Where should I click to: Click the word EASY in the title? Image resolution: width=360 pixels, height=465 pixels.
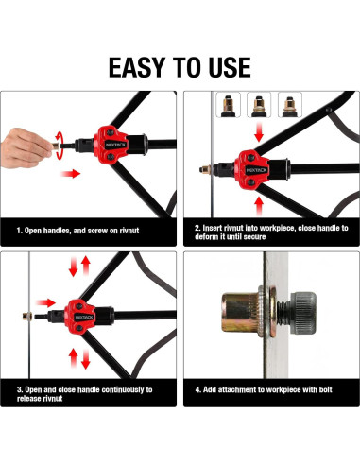click(x=136, y=67)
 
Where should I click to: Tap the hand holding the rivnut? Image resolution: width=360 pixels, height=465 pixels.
click(x=26, y=147)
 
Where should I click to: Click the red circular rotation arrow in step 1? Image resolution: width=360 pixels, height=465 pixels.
click(x=59, y=146)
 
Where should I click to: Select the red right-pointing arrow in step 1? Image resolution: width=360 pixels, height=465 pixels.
click(x=71, y=173)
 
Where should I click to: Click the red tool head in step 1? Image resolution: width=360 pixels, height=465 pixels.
click(x=111, y=145)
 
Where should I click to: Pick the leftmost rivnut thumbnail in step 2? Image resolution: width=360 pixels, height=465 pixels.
click(x=228, y=105)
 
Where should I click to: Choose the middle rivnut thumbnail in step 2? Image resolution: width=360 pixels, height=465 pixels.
click(x=259, y=105)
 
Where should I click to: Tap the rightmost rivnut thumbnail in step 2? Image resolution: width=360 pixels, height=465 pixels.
click(x=290, y=105)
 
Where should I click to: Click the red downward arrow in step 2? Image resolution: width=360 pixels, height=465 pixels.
click(x=259, y=132)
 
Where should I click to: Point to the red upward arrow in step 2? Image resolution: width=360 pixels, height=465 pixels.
click(x=259, y=206)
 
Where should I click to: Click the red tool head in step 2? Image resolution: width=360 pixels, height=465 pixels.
click(x=252, y=170)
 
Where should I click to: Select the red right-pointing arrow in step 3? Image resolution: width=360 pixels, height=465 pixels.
click(x=45, y=303)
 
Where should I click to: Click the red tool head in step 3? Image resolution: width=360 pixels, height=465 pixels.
click(x=79, y=317)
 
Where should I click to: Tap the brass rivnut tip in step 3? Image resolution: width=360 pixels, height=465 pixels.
click(x=27, y=316)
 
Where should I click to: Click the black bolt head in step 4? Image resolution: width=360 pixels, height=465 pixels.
click(x=303, y=313)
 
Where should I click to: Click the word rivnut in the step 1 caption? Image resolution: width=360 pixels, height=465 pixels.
click(x=129, y=231)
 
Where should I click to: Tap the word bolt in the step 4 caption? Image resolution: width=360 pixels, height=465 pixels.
click(x=325, y=389)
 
